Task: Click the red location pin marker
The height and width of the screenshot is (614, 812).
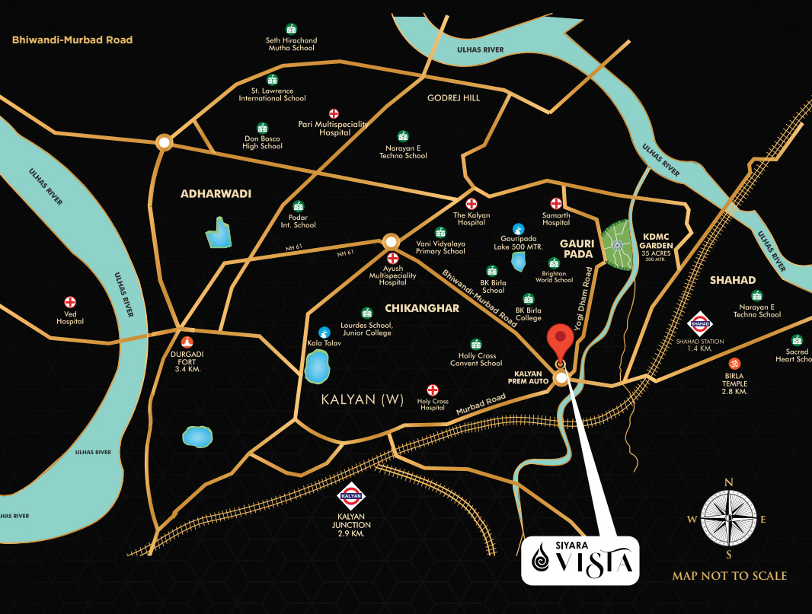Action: tap(561, 342)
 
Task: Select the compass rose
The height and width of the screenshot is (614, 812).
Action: tap(728, 518)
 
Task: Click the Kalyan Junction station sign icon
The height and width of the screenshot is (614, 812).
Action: tap(351, 495)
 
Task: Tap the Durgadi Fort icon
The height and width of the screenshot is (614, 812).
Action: tap(187, 342)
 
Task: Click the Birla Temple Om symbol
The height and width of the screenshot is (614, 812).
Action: tap(735, 364)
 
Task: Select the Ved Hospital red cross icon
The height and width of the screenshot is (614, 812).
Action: tap(70, 302)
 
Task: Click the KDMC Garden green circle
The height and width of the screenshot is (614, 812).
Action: tap(618, 245)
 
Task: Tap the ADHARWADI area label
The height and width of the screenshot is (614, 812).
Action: tap(216, 194)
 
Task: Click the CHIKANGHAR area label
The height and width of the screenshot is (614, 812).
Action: tap(411, 308)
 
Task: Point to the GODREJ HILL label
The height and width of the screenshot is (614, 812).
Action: tap(453, 98)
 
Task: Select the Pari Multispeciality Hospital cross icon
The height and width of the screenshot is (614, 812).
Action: tap(334, 113)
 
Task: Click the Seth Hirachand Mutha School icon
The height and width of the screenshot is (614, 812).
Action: tap(290, 29)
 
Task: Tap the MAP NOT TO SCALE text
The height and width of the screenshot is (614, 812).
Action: tap(729, 576)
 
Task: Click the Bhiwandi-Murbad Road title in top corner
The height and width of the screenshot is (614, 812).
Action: tap(72, 40)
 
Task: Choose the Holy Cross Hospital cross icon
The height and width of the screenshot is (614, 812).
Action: tap(433, 390)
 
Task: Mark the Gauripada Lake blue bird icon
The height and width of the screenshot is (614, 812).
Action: tap(518, 228)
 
